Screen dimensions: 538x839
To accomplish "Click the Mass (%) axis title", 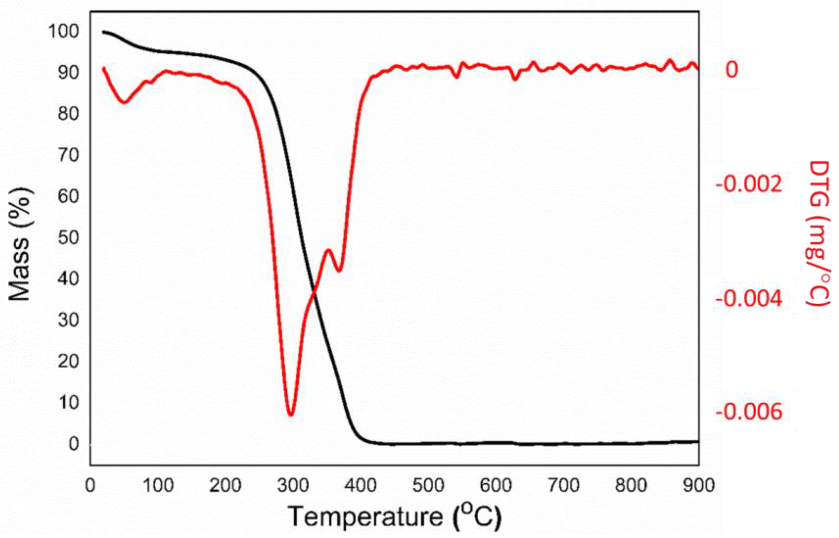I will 20,244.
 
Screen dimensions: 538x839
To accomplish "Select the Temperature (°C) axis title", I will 394,516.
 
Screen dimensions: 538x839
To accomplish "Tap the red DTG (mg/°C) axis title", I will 818,233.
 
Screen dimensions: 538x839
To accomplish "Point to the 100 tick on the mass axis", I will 64,31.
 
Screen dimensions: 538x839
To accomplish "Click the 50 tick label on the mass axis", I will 68,238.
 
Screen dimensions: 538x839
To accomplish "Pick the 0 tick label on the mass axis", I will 74,444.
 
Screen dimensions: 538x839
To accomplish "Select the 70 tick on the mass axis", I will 68,155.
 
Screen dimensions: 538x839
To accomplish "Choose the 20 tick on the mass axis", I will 68,361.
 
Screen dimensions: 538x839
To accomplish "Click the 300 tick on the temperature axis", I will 293,485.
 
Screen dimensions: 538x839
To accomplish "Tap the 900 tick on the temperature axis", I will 699,485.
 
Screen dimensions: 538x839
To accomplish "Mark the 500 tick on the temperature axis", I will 428,485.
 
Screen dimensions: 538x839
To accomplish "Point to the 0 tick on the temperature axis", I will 90,485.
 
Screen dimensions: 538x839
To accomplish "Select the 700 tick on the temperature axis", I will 563,485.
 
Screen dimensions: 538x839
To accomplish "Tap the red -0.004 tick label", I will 749,299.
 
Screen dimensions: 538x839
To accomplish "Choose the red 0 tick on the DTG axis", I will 732,69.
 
